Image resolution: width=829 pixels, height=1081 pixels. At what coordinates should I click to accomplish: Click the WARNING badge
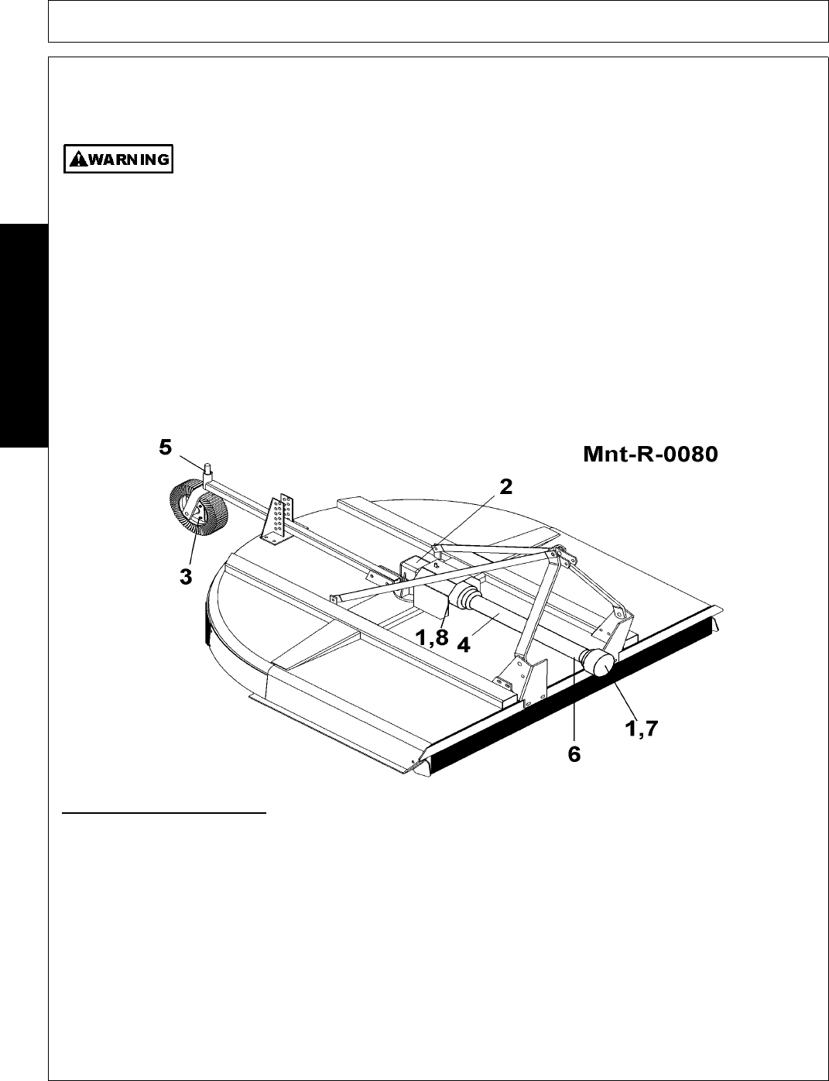(118, 160)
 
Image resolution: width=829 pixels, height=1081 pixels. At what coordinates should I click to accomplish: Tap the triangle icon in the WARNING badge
(77, 160)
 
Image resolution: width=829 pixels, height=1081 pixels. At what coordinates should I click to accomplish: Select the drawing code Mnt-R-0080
(650, 455)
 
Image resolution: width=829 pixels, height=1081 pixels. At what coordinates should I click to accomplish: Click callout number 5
(165, 448)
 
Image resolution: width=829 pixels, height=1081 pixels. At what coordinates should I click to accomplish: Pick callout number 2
(505, 487)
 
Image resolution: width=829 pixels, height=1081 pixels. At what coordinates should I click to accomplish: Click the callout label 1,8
(430, 640)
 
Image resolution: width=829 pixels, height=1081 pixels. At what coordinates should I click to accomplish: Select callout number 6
(574, 753)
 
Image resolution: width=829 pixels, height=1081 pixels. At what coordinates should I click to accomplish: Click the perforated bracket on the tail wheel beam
(279, 516)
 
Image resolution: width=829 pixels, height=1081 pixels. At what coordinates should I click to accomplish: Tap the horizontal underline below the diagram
(163, 814)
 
